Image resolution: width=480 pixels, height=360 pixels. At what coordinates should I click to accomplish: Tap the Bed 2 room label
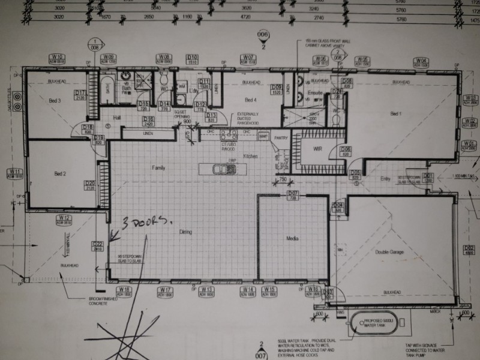59,174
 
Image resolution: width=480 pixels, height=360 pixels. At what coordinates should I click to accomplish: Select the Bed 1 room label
395,113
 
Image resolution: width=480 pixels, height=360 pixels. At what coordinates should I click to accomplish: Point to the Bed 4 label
250,100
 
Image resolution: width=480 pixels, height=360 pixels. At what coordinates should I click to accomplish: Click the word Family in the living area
158,167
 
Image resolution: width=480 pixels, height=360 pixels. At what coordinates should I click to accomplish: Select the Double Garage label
389,252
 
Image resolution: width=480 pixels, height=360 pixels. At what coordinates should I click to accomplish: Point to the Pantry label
278,138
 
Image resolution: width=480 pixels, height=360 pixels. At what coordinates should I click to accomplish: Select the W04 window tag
422,61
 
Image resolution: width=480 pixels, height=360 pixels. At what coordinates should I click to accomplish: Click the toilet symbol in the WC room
164,80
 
